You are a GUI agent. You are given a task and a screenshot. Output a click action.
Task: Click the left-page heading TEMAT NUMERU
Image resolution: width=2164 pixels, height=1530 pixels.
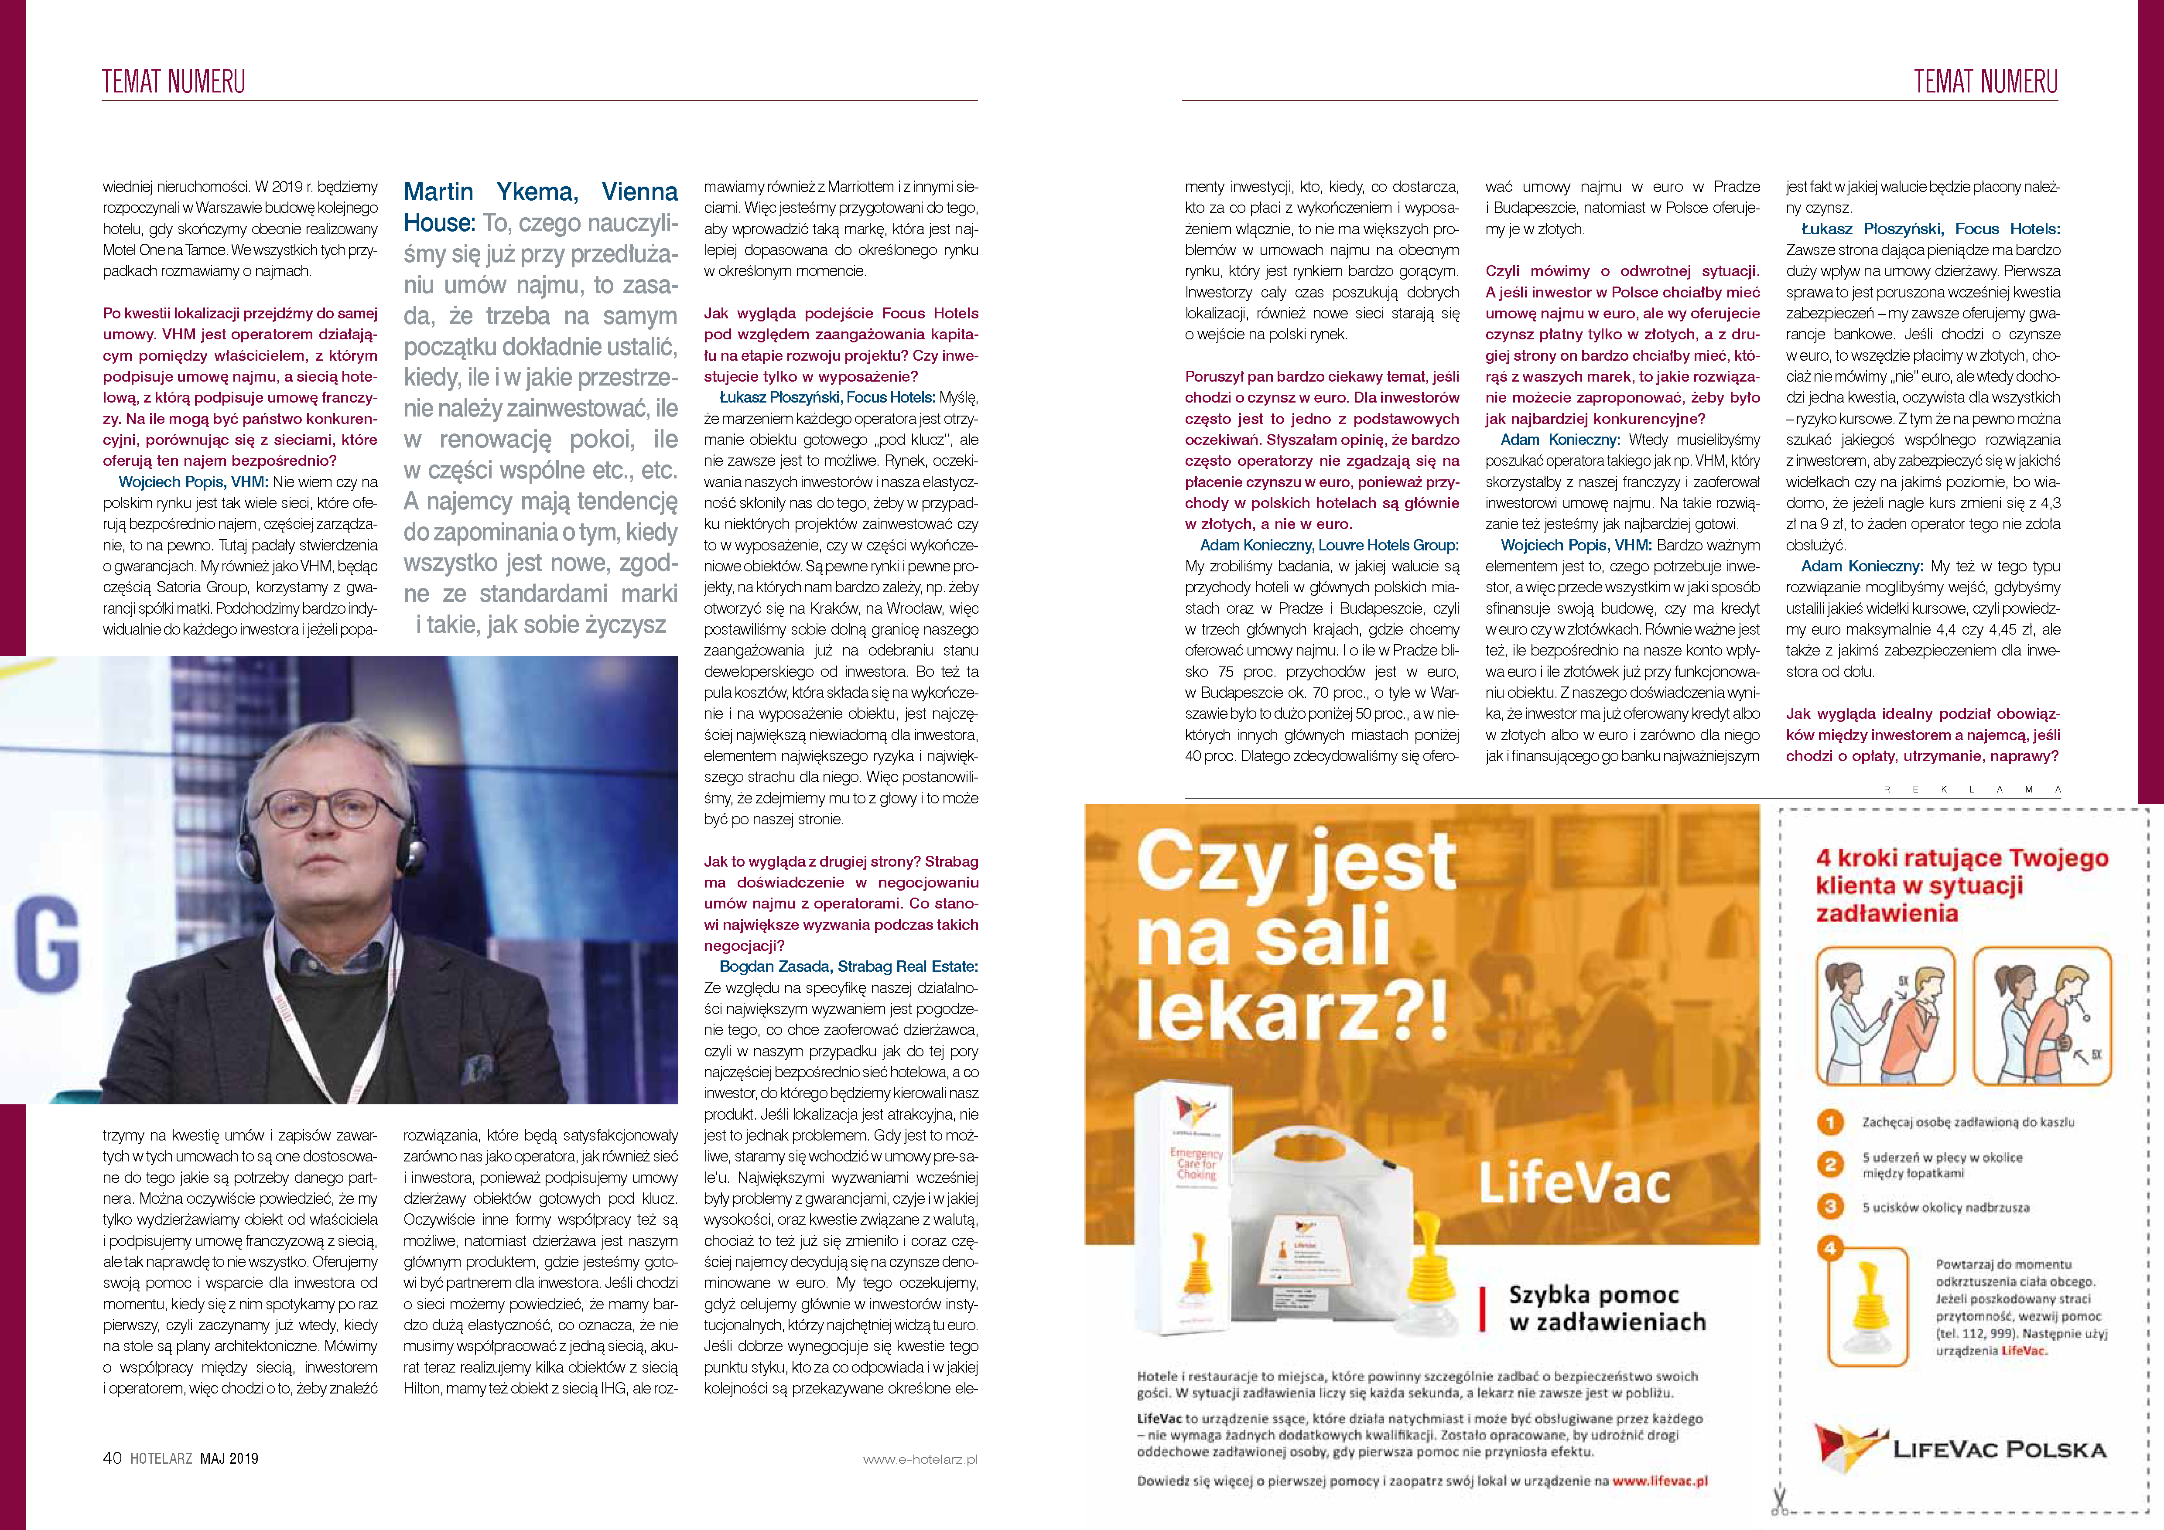coord(174,82)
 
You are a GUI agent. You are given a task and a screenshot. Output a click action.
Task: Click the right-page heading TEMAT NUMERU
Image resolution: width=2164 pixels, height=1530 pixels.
coord(1985,82)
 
